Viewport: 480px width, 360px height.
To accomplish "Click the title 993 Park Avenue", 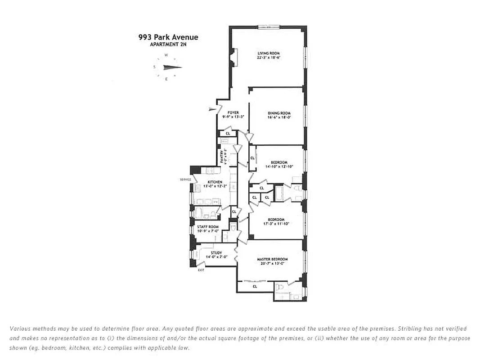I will click(x=168, y=37).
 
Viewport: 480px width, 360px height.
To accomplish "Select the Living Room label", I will click(x=268, y=54).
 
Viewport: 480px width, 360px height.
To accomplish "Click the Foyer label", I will click(x=233, y=112).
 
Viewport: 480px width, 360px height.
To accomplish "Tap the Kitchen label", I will click(x=215, y=182).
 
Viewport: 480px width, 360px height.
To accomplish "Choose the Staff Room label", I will click(x=208, y=227).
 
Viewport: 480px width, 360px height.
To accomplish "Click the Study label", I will click(x=216, y=253).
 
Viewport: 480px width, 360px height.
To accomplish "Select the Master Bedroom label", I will click(x=272, y=259).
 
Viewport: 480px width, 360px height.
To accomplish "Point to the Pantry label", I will click(x=221, y=157).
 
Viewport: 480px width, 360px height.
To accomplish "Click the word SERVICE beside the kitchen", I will click(x=185, y=180).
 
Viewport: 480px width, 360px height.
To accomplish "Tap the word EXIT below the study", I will click(x=201, y=270).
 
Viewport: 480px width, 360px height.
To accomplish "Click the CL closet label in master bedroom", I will click(x=255, y=286).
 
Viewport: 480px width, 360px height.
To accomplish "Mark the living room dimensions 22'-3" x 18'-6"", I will click(x=268, y=58).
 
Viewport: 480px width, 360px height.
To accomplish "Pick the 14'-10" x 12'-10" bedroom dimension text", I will click(x=279, y=166).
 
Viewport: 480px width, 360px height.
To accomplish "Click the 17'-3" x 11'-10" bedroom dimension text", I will click(x=276, y=224).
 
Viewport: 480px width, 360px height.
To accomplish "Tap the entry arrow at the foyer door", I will click(x=212, y=109).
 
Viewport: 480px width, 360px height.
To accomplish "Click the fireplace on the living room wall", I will click(x=233, y=57).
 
